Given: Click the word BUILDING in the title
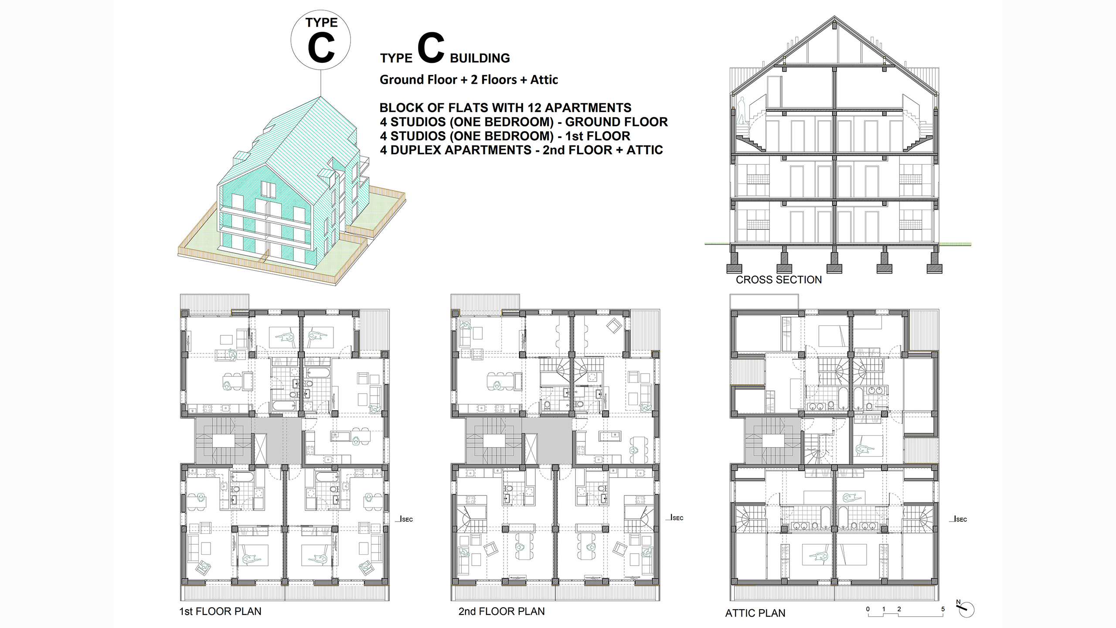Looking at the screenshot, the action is pos(480,58).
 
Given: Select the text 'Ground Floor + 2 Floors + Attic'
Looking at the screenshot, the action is pos(469,80).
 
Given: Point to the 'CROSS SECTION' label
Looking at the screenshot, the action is pos(779,280).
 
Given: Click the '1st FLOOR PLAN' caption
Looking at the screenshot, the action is pos(220,611).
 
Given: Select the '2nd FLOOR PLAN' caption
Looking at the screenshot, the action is pos(501,611).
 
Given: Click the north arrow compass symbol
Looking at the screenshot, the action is pos(966,609).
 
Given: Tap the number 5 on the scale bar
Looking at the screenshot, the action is pos(943,609).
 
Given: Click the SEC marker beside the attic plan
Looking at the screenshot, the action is pos(960,519).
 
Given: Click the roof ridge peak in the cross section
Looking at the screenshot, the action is pos(834,17).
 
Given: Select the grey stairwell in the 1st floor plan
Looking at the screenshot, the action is pos(223,440).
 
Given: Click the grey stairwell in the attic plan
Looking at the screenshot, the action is pos(773,440).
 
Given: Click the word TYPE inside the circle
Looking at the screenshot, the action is pos(321,23).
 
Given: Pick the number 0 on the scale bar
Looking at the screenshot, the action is pos(868,609).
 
